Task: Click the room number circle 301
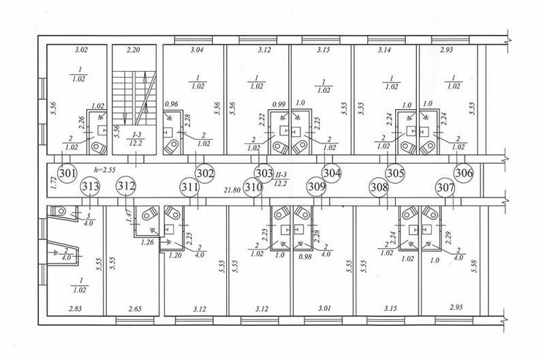[x=67, y=172]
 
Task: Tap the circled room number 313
[x=90, y=186]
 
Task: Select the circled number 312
[x=126, y=185]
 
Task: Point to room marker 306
[x=464, y=172]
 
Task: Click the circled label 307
[x=446, y=187]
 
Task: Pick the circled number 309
[x=317, y=187]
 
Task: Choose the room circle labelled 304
[x=332, y=172]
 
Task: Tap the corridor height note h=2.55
[x=105, y=170]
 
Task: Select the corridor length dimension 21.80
[x=233, y=190]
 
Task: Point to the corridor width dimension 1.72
[x=53, y=182]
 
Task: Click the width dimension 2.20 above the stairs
[x=133, y=50]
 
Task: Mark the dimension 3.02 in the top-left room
[x=81, y=50]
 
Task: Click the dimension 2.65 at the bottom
[x=135, y=308]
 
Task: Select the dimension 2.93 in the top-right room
[x=446, y=50]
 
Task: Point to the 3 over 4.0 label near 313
[x=89, y=220]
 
